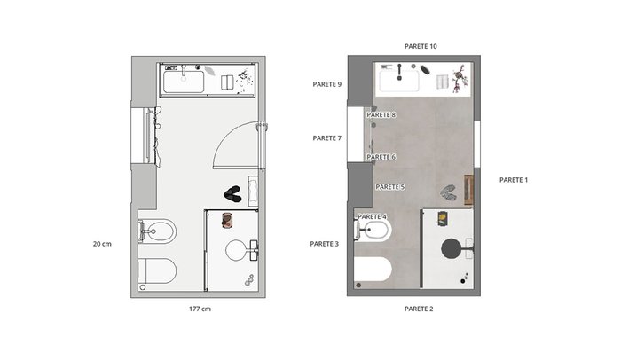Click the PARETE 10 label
[421, 46]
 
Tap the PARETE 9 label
[327, 84]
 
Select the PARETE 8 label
[381, 115]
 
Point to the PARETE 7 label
[327, 138]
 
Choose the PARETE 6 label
[381, 157]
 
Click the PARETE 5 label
[390, 187]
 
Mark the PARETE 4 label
[373, 217]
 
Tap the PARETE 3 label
[325, 244]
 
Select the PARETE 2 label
[419, 309]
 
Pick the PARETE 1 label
[514, 180]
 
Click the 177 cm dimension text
[200, 309]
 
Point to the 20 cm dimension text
[102, 244]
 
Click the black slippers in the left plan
[232, 194]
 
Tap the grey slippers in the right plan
[448, 192]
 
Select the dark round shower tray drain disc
[451, 248]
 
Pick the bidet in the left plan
[157, 231]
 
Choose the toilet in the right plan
[373, 269]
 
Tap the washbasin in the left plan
[184, 82]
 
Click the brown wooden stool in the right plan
[469, 190]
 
